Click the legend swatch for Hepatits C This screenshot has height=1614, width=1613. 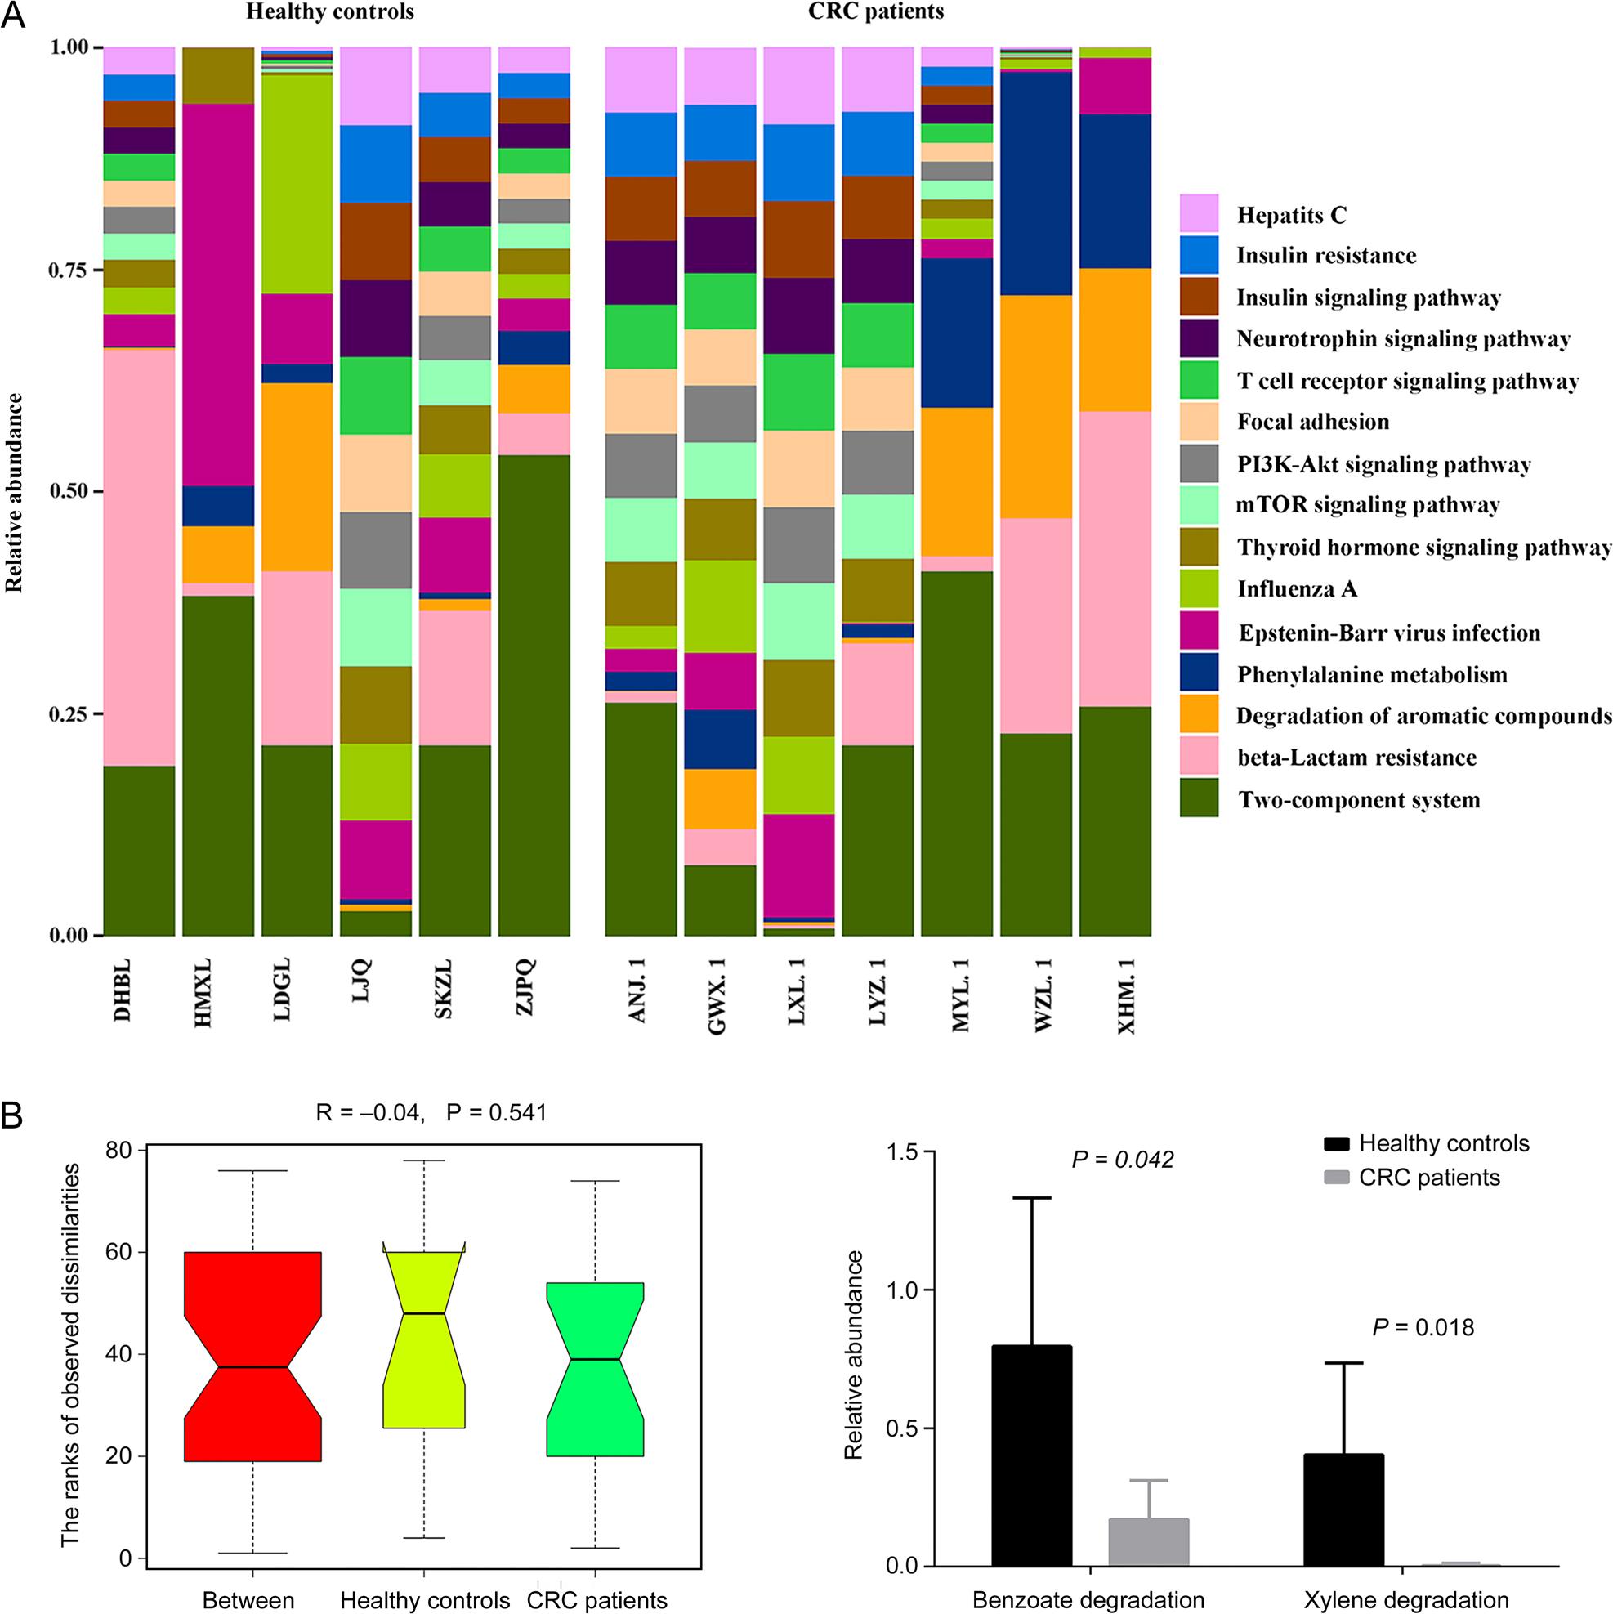click(1199, 214)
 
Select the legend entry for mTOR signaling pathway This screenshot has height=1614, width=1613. click(1367, 505)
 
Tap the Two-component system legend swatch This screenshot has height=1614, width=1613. click(1199, 798)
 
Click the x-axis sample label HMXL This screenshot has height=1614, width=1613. click(203, 993)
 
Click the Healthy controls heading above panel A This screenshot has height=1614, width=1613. click(331, 12)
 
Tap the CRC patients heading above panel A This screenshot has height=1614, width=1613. click(876, 12)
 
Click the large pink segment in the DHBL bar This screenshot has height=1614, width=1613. click(139, 556)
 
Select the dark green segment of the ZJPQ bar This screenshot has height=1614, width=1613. click(534, 694)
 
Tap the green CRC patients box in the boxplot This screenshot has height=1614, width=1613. click(595, 1370)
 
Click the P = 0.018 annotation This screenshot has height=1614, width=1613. click(1423, 1327)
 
